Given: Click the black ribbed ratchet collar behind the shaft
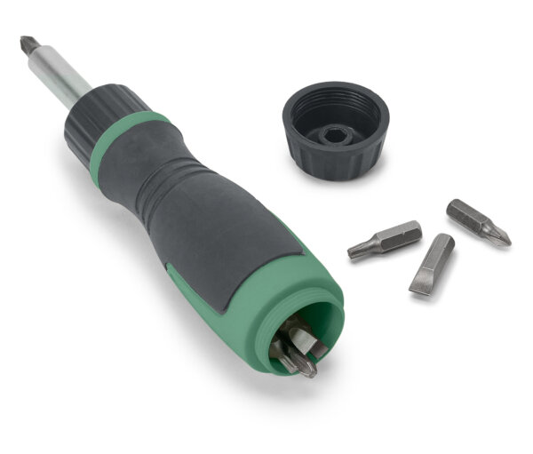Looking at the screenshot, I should [x=103, y=112].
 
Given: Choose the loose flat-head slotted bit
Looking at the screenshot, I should [x=432, y=263].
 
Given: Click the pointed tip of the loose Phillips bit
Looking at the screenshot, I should [x=505, y=239].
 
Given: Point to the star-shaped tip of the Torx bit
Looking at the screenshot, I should [x=354, y=251].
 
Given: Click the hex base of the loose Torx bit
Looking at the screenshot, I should [x=404, y=233].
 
